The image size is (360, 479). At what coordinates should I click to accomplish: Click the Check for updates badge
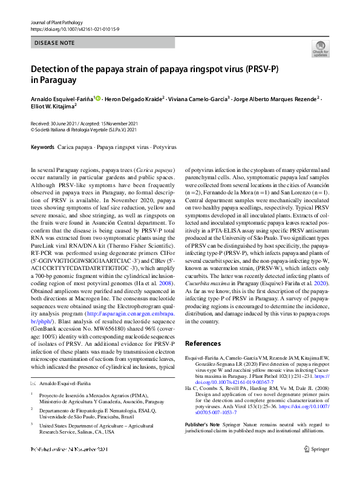tap(320, 48)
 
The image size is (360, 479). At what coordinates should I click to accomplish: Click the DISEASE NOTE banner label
tap(54, 43)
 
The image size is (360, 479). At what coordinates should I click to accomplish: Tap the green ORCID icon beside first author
tap(98, 98)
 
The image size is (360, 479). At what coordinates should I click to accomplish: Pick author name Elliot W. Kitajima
tap(52, 107)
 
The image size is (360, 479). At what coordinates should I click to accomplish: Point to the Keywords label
tap(42, 147)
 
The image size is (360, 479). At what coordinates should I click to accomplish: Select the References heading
tap(208, 343)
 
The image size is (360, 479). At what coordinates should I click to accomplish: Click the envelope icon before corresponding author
tap(33, 384)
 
